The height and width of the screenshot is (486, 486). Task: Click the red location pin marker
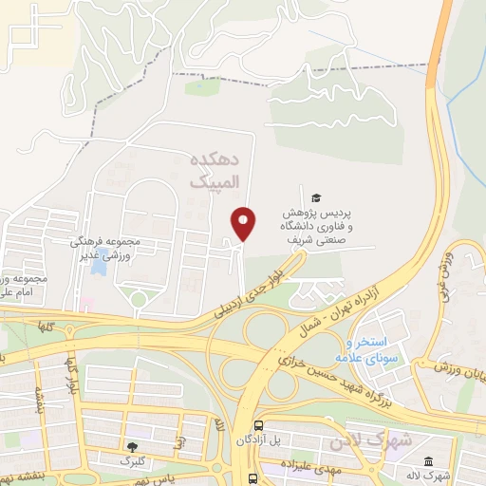(x=245, y=224)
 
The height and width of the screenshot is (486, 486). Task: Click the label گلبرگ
(x=132, y=461)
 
